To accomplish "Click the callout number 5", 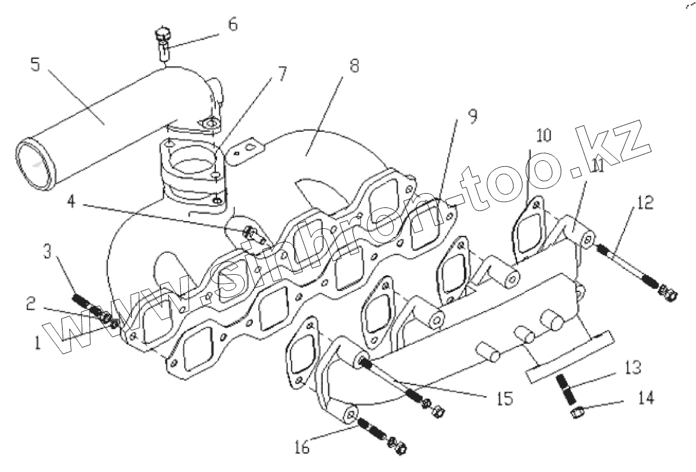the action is (35, 64).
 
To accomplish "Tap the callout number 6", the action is (233, 24).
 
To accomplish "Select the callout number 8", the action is (354, 66).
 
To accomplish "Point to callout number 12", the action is (645, 202).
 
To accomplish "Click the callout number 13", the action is (633, 367).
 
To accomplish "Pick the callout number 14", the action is (645, 398).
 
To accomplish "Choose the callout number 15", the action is (505, 398).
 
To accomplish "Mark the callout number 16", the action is (302, 447).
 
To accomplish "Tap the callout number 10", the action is (543, 135).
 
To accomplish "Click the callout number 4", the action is (72, 202).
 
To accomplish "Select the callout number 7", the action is (282, 74).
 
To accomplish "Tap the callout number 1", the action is (38, 342).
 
